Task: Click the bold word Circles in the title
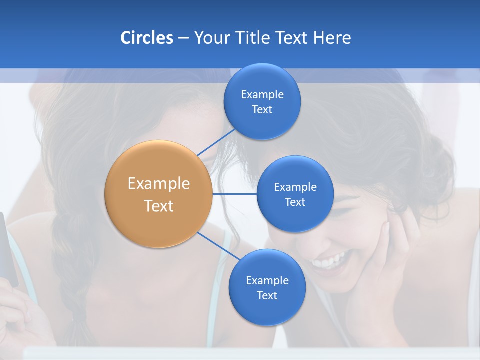146,38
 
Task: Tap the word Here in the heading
332,38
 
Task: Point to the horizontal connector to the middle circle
235,194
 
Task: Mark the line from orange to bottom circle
218,246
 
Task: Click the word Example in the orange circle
158,183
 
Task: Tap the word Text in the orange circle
158,206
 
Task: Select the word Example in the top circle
262,94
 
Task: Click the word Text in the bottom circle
267,295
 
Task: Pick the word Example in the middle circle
295,187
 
